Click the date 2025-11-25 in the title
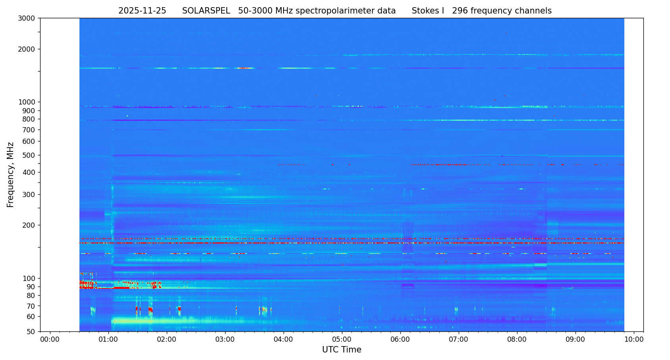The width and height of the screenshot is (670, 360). click(142, 11)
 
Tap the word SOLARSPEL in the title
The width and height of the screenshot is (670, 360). click(206, 11)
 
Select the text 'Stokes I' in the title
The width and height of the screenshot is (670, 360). click(428, 11)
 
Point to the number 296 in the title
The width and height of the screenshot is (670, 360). click(460, 11)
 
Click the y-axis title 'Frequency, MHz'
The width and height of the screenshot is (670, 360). click(11, 174)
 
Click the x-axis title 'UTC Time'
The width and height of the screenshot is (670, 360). click(342, 350)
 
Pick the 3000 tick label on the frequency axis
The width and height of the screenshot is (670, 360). click(27, 18)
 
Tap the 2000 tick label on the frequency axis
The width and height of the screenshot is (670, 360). click(27, 49)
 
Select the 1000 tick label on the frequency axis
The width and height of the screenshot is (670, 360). click(27, 102)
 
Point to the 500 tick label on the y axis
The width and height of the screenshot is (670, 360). click(29, 155)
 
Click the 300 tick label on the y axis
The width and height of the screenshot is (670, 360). click(29, 195)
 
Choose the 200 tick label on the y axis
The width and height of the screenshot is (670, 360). click(29, 225)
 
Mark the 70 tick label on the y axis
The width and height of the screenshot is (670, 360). click(30, 306)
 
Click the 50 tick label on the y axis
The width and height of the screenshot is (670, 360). click(30, 332)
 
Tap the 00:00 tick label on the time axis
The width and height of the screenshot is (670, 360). click(50, 340)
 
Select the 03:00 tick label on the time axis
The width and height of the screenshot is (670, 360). click(225, 340)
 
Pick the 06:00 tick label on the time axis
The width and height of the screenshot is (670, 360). click(400, 340)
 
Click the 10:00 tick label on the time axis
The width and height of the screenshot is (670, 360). click(634, 340)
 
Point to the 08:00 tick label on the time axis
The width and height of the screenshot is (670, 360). click(517, 340)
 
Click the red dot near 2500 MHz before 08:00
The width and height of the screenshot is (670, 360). click(506, 33)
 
